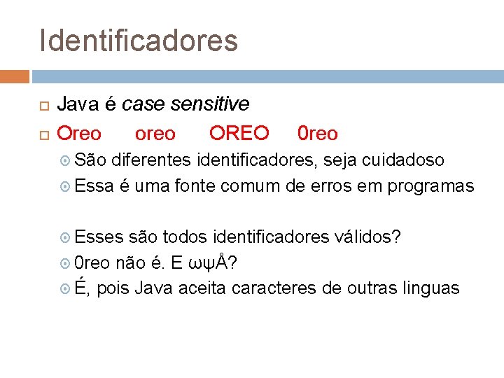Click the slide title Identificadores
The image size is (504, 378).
pos(139,41)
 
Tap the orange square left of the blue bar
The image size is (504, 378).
pos(15,76)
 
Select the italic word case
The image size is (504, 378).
pos(144,104)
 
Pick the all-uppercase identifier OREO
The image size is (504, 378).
pos(239,133)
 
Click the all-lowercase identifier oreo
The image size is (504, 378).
pos(155,133)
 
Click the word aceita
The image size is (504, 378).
pos(202,288)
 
